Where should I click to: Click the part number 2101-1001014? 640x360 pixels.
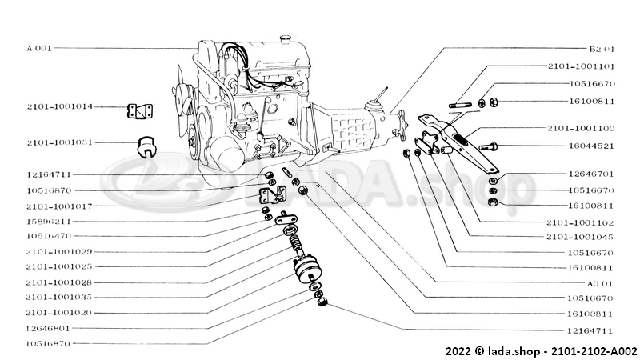click(x=59, y=106)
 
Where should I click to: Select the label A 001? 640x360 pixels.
click(x=38, y=48)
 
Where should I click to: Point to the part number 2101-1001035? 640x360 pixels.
click(x=59, y=296)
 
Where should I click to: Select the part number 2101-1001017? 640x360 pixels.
click(x=59, y=206)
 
